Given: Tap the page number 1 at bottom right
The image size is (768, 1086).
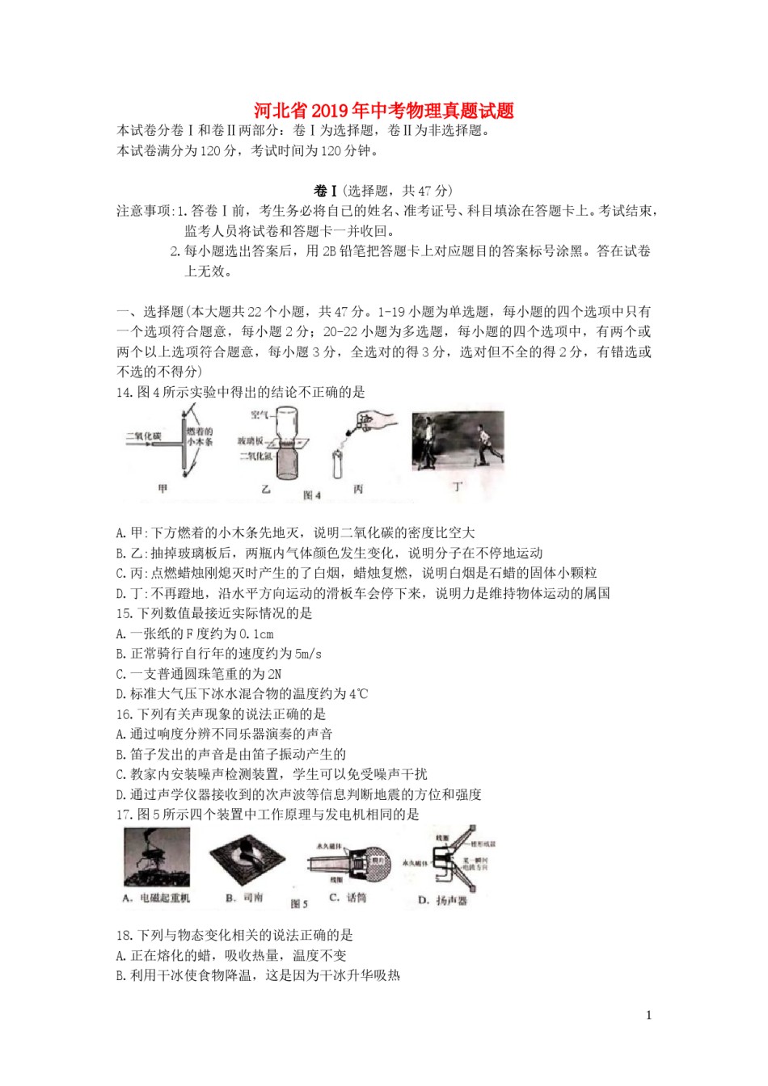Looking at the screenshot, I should (x=648, y=1015).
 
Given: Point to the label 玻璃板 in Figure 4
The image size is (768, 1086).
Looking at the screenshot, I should (x=251, y=440).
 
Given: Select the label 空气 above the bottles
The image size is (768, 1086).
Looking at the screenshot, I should (x=260, y=415).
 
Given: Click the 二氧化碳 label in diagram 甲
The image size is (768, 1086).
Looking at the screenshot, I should (x=143, y=437).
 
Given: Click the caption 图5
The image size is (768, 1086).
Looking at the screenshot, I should (x=299, y=903).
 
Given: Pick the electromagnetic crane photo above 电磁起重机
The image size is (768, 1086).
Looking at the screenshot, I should (x=157, y=857).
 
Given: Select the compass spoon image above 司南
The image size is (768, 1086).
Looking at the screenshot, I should (x=247, y=860).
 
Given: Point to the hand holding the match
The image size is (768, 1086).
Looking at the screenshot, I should (x=377, y=422).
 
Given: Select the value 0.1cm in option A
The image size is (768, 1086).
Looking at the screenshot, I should (x=258, y=633).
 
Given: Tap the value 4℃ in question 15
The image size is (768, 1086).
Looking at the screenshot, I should (x=358, y=694).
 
